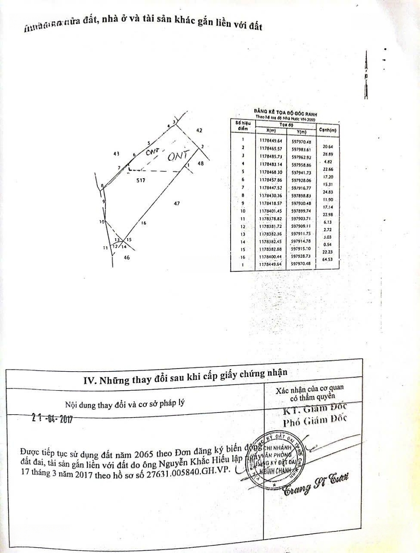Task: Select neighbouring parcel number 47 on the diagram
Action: (176, 204)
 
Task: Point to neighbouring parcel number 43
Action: (116, 153)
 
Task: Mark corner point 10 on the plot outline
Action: (101, 222)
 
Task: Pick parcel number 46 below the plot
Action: (126, 258)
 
